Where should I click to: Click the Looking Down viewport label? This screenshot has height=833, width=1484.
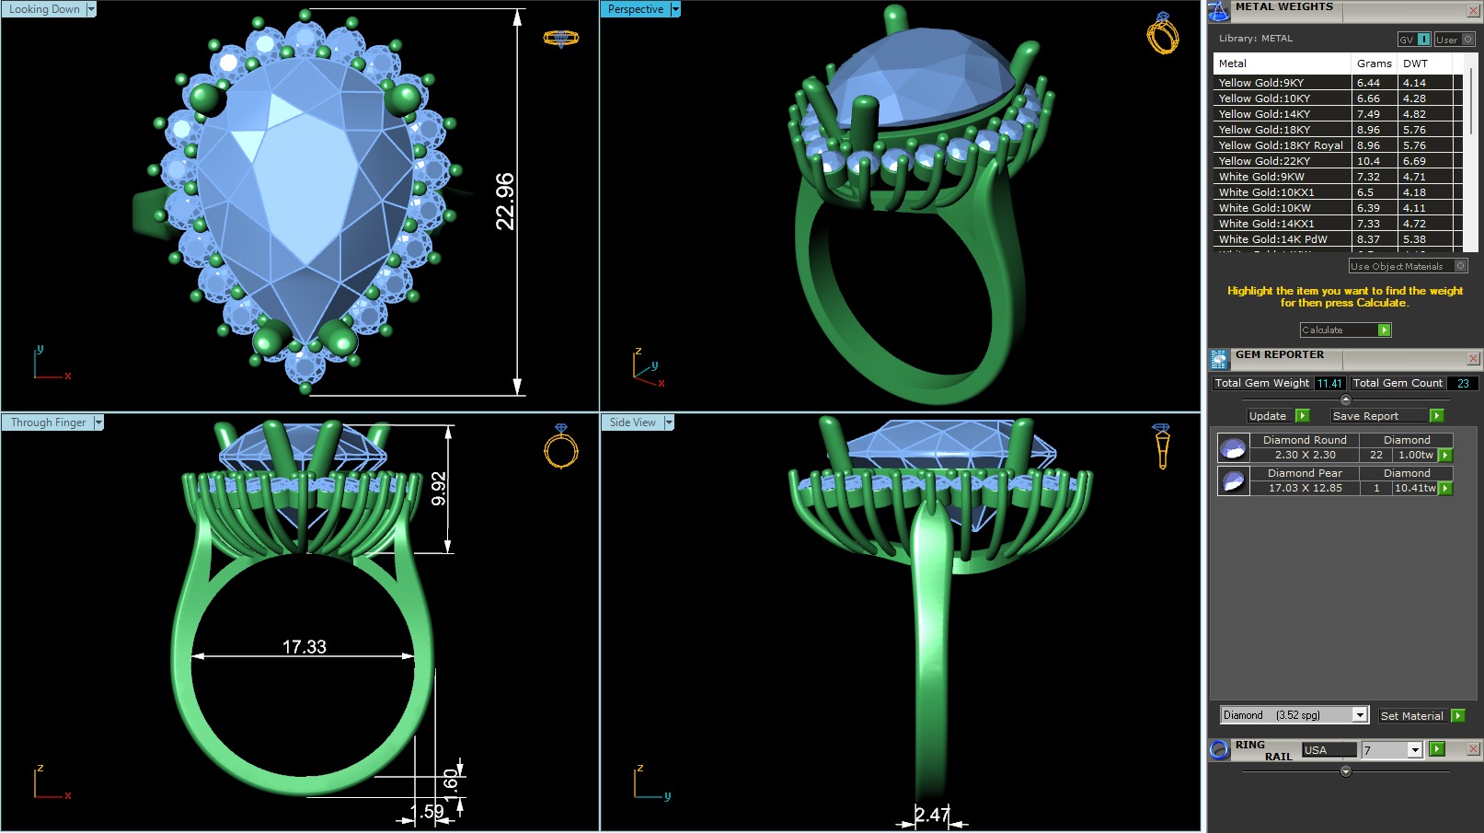pyautogui.click(x=44, y=9)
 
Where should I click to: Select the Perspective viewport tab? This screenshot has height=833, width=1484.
pyautogui.click(x=635, y=9)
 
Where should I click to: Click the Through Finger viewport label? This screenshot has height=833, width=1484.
pyautogui.click(x=48, y=422)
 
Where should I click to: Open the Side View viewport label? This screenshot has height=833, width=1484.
pyautogui.click(x=633, y=422)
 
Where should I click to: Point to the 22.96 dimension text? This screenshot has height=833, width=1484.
pyautogui.click(x=505, y=201)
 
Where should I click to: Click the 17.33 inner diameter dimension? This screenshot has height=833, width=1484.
pyautogui.click(x=304, y=647)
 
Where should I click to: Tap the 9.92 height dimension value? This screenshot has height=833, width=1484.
pyautogui.click(x=439, y=488)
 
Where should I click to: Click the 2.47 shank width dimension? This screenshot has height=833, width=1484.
pyautogui.click(x=932, y=815)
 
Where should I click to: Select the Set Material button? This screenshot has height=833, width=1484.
pyautogui.click(x=1412, y=715)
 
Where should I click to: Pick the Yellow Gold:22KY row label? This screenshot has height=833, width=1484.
pyautogui.click(x=1264, y=161)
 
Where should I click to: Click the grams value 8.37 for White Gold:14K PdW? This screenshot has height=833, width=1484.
pyautogui.click(x=1368, y=239)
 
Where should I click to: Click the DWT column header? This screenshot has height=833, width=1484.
pyautogui.click(x=1415, y=64)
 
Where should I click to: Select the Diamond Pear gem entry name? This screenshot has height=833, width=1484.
pyautogui.click(x=1304, y=473)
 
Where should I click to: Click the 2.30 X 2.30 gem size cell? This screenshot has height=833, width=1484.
pyautogui.click(x=1305, y=455)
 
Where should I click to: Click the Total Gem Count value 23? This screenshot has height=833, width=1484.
pyautogui.click(x=1463, y=383)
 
